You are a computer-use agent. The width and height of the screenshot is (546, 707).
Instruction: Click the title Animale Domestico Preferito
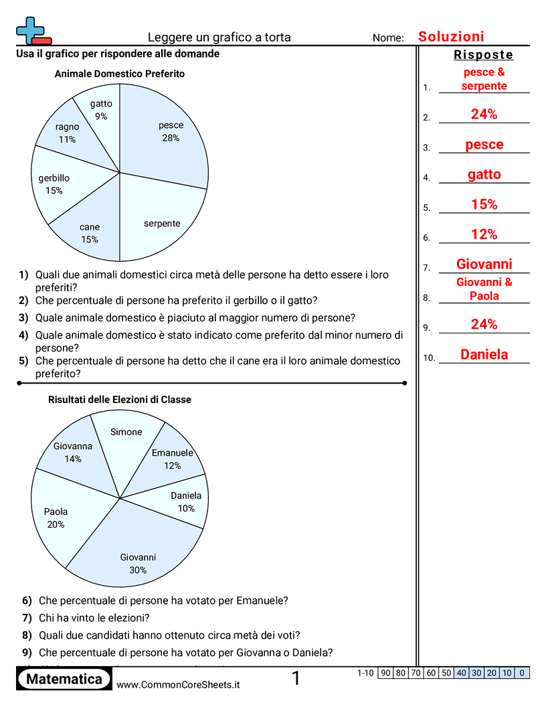click(x=119, y=74)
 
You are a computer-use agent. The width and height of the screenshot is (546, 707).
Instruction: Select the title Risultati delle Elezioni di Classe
click(x=119, y=400)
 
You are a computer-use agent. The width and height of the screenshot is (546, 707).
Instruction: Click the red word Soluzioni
click(x=451, y=37)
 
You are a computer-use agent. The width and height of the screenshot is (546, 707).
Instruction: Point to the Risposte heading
click(x=483, y=55)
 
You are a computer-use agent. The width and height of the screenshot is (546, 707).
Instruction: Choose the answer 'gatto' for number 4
click(x=484, y=175)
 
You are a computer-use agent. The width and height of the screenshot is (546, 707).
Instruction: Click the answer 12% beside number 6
click(x=484, y=234)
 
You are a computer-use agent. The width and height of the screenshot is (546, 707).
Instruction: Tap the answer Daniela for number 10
click(x=484, y=355)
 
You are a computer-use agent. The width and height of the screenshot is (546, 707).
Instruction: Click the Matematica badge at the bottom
click(x=64, y=680)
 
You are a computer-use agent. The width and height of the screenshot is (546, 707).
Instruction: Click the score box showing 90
click(x=385, y=673)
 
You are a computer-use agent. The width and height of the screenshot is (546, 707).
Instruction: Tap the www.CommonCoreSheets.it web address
click(x=178, y=684)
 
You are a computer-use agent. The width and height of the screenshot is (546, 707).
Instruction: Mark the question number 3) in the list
click(x=23, y=317)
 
